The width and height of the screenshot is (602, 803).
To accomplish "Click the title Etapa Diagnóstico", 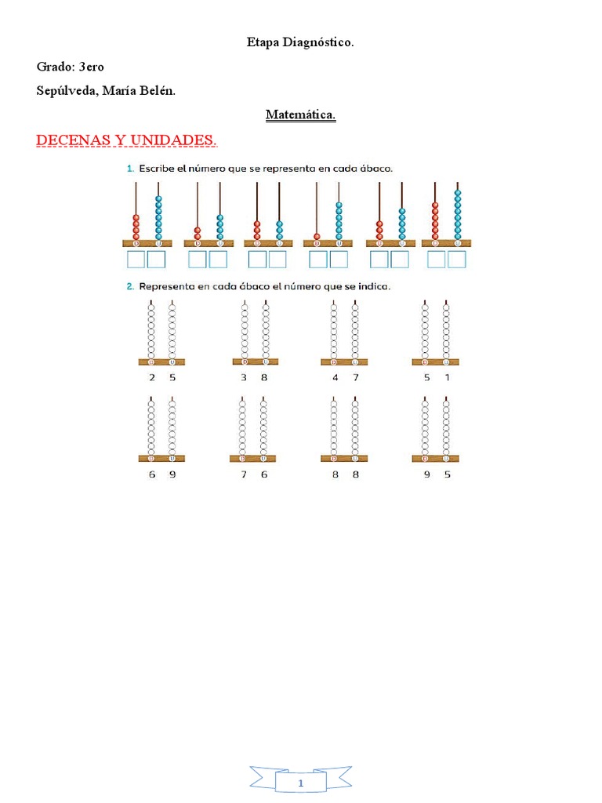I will tap(300, 43).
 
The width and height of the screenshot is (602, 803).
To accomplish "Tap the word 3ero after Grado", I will tap(91, 67).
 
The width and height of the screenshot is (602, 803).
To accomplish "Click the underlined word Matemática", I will tap(300, 115).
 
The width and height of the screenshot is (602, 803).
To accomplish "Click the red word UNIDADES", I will tap(174, 140).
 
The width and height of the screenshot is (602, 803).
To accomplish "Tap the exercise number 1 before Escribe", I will tap(129, 168).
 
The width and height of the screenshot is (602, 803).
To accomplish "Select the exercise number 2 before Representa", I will tap(129, 286).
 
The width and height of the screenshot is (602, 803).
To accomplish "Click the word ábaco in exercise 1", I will tap(375, 168).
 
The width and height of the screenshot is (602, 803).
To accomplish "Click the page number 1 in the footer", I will tap(301, 784).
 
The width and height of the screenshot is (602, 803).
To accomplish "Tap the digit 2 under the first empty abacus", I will tap(152, 377).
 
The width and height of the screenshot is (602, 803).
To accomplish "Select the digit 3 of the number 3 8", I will tap(244, 377).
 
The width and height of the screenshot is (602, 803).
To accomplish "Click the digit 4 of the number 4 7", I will tap(335, 377).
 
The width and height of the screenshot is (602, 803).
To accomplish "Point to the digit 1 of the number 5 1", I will tap(448, 377).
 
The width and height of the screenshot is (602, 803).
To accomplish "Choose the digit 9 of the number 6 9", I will tap(172, 474).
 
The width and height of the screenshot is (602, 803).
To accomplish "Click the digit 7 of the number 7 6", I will tap(244, 474).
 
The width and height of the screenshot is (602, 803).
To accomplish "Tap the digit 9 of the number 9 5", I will tap(427, 474).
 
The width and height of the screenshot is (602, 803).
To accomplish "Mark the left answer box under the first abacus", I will tap(136, 260).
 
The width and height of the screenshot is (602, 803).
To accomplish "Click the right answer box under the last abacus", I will tap(457, 260).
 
